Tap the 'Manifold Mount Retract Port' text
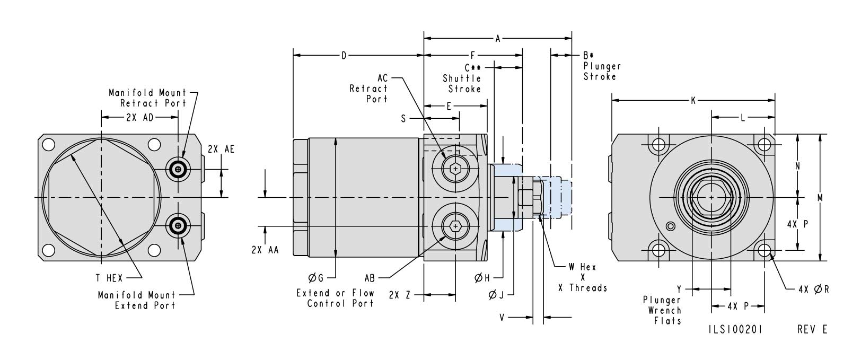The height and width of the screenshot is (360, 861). point(148,98)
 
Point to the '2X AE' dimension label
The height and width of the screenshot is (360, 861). point(221,149)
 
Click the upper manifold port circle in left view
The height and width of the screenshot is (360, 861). point(178,170)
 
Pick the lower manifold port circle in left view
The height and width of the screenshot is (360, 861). point(178,226)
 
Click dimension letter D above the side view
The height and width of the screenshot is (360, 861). point(344,55)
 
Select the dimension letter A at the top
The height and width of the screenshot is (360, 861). point(497,38)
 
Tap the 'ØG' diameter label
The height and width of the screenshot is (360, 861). point(315,277)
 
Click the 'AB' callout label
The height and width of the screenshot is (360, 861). point(370,277)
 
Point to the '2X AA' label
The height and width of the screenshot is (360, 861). point(265,251)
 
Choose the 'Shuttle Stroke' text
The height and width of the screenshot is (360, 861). point(462,84)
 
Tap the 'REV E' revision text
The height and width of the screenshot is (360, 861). point(812,329)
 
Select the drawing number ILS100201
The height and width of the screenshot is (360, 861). point(735,329)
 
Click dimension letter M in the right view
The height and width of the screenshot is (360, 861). point(820,197)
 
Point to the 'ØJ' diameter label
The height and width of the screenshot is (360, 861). point(496,295)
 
